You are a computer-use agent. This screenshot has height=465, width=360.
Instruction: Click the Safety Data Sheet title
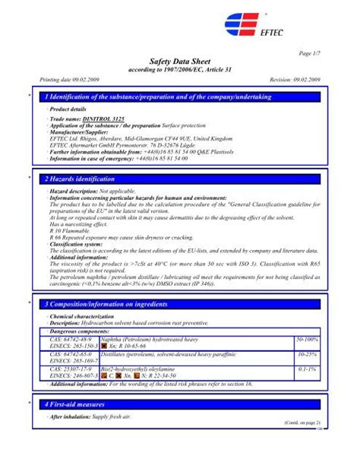click(180, 60)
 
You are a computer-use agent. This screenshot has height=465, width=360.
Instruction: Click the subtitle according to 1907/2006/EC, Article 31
click(179, 69)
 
